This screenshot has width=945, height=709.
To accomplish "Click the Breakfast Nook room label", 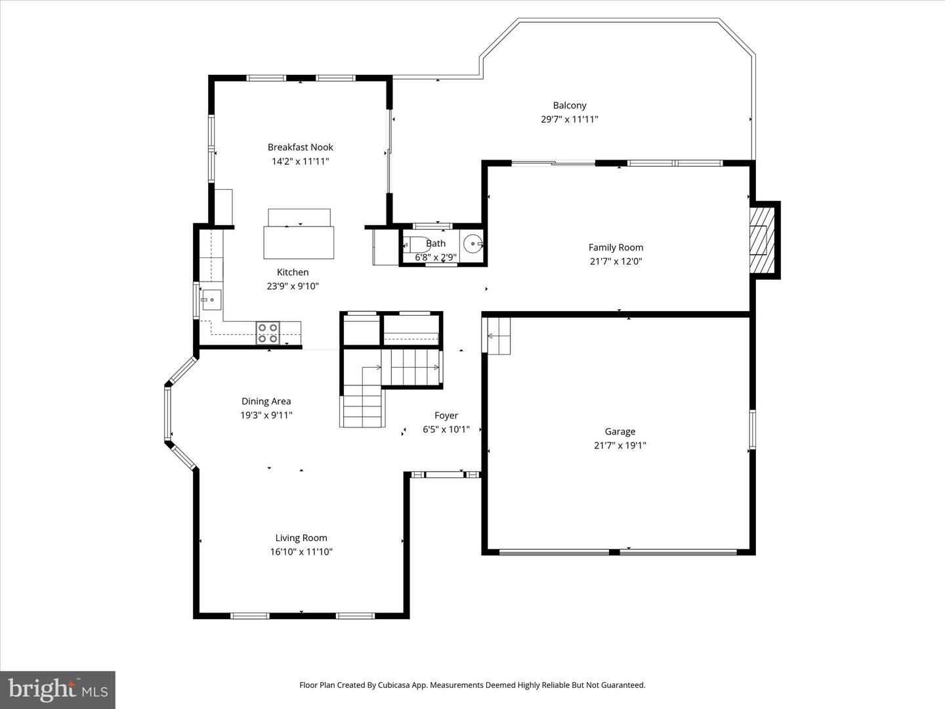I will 300,147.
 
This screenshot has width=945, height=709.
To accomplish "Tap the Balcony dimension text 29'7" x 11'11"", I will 569,119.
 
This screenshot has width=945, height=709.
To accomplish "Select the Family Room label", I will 616,247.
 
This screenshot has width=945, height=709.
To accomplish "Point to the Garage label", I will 619,431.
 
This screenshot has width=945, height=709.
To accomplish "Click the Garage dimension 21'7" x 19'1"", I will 619,445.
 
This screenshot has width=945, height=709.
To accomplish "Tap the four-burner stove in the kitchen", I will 268,333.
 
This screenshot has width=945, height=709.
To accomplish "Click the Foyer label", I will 446,416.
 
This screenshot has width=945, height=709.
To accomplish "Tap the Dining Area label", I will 266,401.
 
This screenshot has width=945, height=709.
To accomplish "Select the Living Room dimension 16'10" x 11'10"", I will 301,552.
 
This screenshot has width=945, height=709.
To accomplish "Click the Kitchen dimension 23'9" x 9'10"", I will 293,286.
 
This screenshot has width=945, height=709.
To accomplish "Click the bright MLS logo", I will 58,689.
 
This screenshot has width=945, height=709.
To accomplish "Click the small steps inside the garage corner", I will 498,335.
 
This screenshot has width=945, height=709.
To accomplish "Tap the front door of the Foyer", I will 443,475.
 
